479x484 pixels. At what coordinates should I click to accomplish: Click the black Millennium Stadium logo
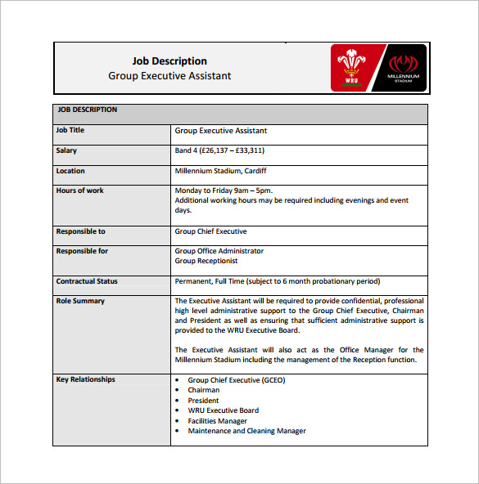403,68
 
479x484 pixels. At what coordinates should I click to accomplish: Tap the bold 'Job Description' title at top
169,61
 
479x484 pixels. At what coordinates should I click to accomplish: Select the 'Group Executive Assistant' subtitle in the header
169,76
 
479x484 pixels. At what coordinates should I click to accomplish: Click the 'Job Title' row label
70,131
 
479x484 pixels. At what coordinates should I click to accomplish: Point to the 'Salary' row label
66,150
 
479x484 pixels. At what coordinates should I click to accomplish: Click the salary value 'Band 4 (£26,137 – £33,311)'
219,150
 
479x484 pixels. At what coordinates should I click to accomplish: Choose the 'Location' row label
70,171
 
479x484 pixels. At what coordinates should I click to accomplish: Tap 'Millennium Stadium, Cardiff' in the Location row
220,171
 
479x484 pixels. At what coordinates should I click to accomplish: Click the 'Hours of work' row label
80,190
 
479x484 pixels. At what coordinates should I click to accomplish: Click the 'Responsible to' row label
80,231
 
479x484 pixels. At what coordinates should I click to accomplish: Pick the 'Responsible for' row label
82,251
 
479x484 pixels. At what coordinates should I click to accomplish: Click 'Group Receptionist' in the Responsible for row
206,261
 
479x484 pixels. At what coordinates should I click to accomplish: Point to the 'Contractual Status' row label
87,281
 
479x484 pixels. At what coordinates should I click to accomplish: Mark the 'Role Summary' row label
80,301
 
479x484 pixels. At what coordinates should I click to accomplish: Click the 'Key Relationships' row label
85,379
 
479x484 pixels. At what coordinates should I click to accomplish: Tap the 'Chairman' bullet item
204,390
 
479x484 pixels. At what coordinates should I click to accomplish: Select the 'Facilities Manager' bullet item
217,421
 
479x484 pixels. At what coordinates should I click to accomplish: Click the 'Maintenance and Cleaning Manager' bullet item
246,431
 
